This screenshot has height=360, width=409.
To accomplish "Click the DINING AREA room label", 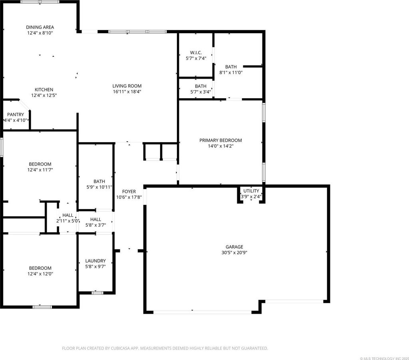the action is [x=40, y=27].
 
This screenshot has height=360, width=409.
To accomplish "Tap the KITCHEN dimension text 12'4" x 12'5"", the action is [x=44, y=95].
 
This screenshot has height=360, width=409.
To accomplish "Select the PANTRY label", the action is [x=16, y=115].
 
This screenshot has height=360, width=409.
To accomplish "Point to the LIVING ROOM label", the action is [x=127, y=86].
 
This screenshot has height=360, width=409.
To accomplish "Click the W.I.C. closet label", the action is [x=196, y=53].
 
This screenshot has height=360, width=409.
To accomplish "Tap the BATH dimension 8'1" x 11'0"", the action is [x=231, y=73].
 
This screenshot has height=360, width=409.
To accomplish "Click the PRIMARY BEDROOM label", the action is [x=220, y=140].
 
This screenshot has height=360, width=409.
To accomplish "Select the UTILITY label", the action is [x=251, y=191].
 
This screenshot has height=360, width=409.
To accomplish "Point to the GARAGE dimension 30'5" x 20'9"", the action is [x=234, y=253].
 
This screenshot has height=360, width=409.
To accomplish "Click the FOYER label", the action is [x=129, y=192].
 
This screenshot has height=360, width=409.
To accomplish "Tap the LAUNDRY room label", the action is [x=95, y=261].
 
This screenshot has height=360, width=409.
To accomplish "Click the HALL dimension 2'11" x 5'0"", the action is [x=68, y=221].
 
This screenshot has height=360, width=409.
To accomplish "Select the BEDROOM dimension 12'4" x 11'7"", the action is [x=40, y=170].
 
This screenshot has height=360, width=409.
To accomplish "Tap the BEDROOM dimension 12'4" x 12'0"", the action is [x=40, y=274].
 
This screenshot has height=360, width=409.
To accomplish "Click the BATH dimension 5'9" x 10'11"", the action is [x=99, y=187].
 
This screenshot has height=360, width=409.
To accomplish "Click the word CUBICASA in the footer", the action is [x=121, y=348].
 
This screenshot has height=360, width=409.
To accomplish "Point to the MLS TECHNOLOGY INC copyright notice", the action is [x=384, y=358].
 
